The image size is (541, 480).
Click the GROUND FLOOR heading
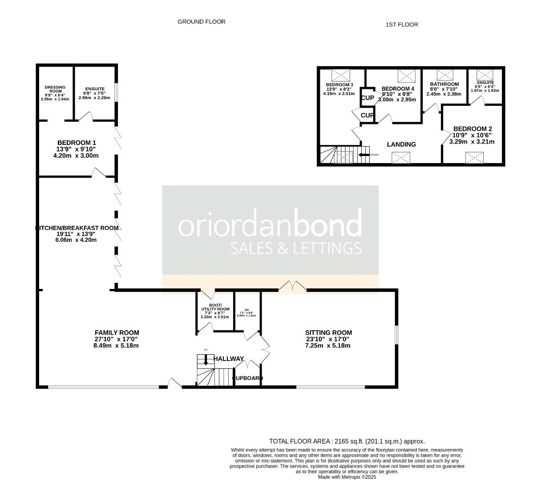click(x=201, y=22)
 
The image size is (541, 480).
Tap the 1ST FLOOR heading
click(x=401, y=25)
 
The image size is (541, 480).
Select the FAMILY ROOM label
click(x=117, y=332)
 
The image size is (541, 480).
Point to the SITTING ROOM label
click(x=328, y=332)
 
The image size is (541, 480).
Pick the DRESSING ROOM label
click(x=55, y=89)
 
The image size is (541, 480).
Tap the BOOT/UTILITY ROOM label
click(x=215, y=307)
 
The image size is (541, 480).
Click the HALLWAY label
click(x=229, y=359)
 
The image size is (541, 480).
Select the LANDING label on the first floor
click(x=401, y=144)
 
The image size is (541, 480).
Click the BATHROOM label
click(x=444, y=84)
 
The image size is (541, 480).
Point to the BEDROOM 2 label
click(x=472, y=129)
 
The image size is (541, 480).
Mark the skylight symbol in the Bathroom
click(x=444, y=75)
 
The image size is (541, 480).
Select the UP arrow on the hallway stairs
click(x=206, y=360)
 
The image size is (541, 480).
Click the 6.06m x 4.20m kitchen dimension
click(x=75, y=240)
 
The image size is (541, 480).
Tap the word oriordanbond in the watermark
click(x=270, y=225)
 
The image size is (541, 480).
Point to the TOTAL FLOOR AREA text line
click(x=347, y=441)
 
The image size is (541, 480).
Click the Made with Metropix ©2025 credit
click(x=347, y=477)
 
